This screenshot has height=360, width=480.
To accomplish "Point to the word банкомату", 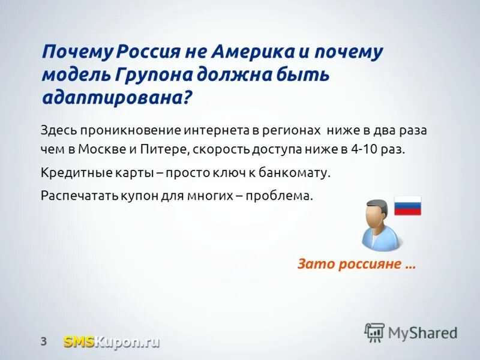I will point(295,173).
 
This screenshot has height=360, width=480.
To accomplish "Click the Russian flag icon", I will point(407,206).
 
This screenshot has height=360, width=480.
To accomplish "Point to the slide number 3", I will point(43,342).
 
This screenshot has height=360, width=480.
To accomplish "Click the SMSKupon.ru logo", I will point(112,342).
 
